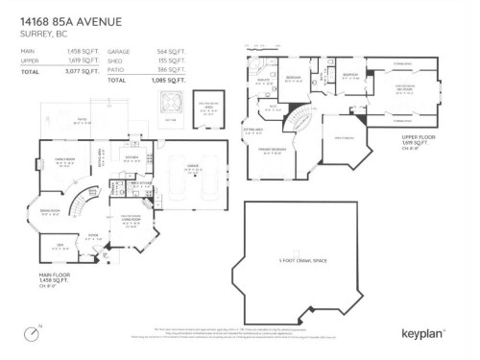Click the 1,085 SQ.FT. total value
click(171, 81)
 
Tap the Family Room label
click(64, 160)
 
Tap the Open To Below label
click(342, 141)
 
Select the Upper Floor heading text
click(420, 137)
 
